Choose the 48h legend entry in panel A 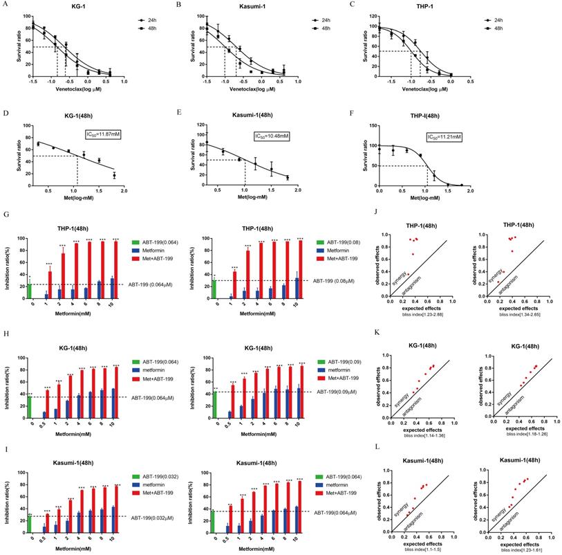tap(145, 29)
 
